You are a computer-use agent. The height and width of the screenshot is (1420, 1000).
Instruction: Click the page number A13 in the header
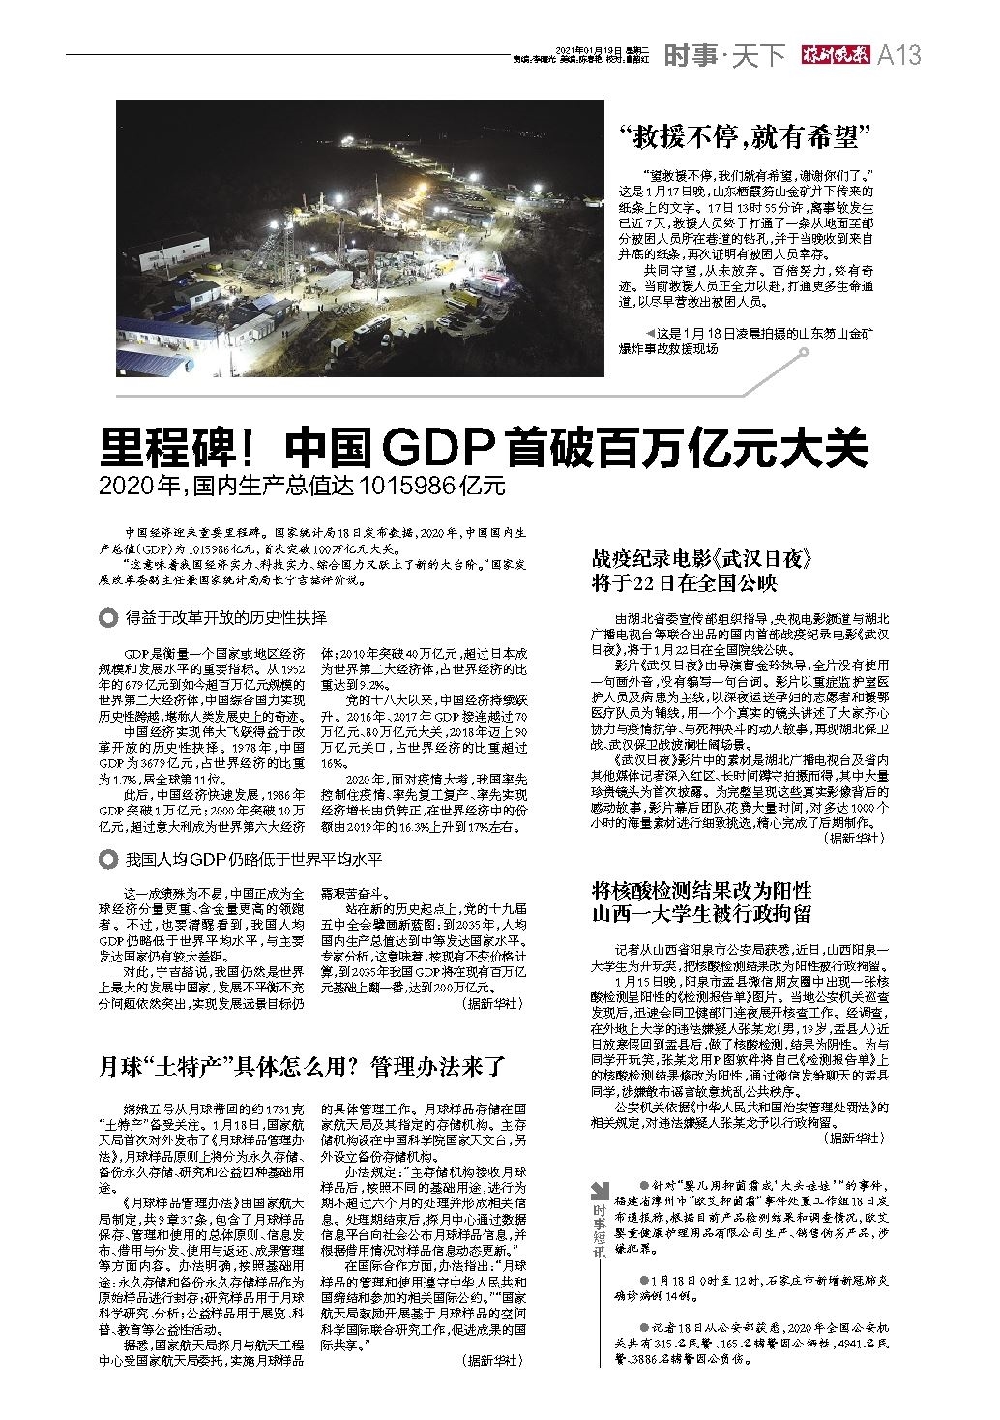898,56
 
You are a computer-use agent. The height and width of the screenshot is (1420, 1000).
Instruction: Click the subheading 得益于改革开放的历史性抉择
226,617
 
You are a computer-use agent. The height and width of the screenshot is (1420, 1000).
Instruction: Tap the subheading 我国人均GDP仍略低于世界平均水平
253,859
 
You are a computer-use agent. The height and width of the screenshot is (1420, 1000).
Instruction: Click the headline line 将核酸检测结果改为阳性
701,890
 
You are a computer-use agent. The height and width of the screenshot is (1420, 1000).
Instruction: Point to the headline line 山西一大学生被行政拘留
701,913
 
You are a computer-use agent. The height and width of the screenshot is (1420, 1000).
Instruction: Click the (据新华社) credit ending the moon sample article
492,1359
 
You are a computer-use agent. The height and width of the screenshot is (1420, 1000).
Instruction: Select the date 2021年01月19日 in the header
590,49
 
